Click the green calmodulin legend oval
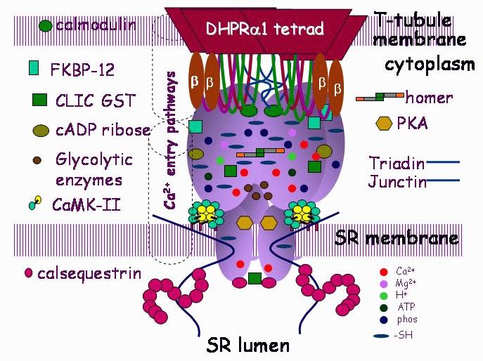46,26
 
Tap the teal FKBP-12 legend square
33,68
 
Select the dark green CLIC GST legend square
39,100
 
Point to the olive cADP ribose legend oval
41,130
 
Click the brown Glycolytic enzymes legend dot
37,159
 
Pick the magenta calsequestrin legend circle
28,273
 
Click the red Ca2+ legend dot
382,271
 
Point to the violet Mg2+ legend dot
382,283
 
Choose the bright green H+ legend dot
382,295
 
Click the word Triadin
397,163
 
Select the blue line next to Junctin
444,182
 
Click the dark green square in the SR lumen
255,279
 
